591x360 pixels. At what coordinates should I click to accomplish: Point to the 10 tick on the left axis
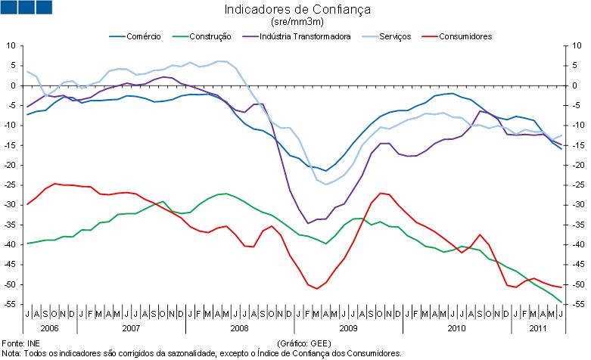[x=11, y=46]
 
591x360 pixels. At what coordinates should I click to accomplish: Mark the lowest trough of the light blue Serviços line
[x=327, y=185]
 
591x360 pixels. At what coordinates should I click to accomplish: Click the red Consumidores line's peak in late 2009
[x=381, y=193]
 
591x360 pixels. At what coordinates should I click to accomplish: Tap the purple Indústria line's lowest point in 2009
[x=308, y=223]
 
